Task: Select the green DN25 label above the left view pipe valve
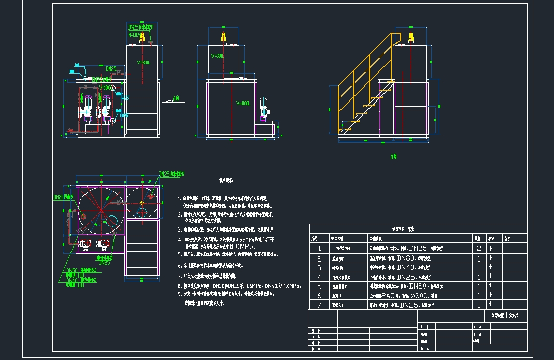[111, 68]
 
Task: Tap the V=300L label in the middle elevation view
[217, 56]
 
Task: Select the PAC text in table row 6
[388, 296]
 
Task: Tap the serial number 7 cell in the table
[319, 305]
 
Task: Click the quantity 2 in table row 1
[478, 248]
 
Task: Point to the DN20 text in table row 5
[418, 286]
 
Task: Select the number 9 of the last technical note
[179, 293]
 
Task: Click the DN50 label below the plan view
[72, 270]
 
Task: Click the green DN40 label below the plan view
[72, 280]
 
